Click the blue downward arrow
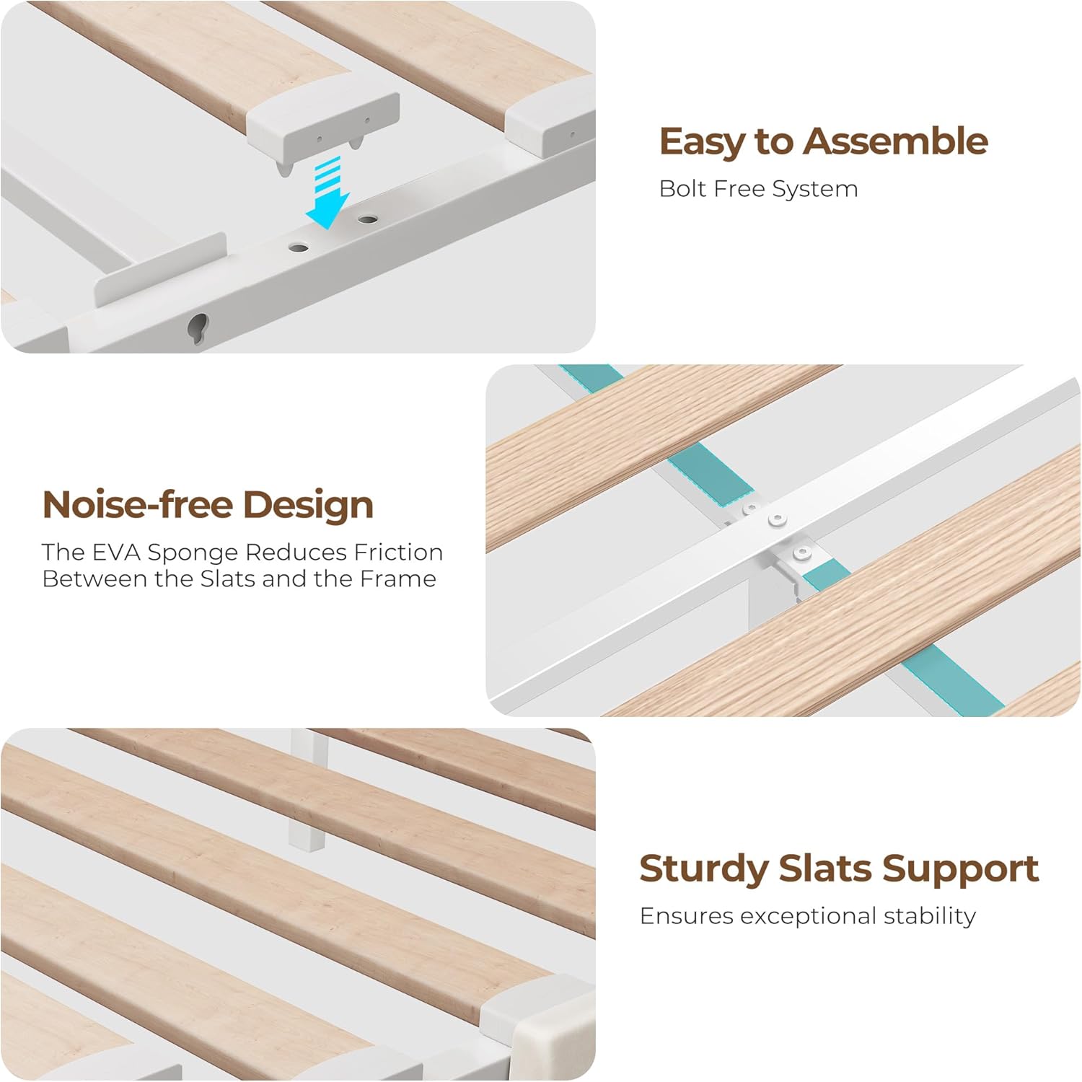[x=328, y=193]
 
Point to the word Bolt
[x=682, y=188]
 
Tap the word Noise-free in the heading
[x=138, y=504]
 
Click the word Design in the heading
[x=308, y=505]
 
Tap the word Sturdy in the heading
[x=704, y=869]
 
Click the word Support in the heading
[x=960, y=869]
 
